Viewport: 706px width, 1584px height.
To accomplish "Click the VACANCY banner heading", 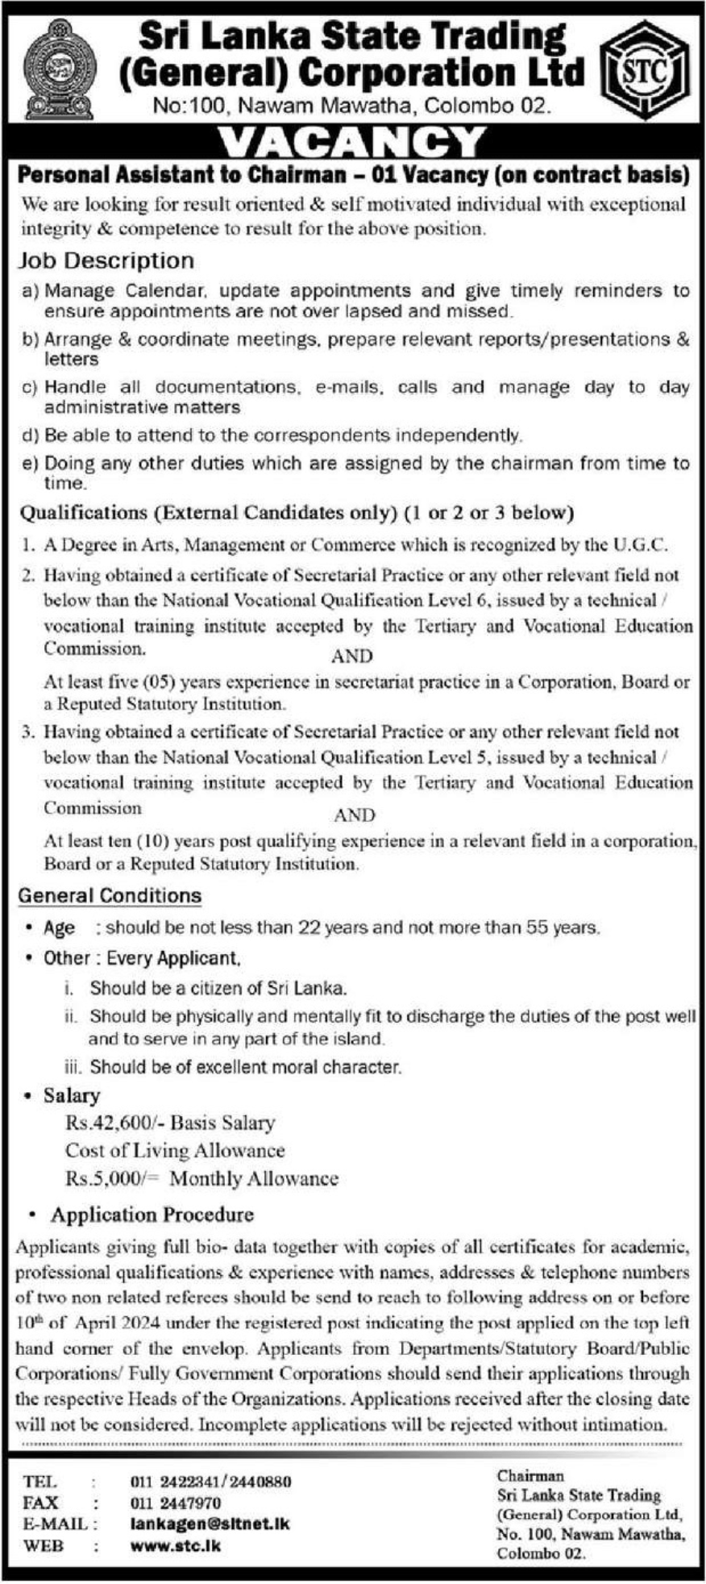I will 352,143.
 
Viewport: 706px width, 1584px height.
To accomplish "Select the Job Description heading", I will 106,261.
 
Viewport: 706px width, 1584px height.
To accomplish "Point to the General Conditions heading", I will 110,895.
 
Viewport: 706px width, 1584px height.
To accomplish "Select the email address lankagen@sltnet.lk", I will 210,1524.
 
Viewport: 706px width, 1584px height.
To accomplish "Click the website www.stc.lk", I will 175,1546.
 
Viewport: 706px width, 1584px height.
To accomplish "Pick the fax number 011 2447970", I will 175,1503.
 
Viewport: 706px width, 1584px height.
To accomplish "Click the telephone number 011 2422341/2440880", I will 210,1482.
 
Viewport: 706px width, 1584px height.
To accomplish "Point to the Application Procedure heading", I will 152,1215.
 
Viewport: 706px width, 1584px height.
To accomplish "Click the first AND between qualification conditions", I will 352,656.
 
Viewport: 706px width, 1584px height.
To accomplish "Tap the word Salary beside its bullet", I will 72,1095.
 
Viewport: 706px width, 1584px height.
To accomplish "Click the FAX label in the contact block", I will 41,1503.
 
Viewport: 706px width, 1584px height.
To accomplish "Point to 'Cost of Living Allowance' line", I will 175,1150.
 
